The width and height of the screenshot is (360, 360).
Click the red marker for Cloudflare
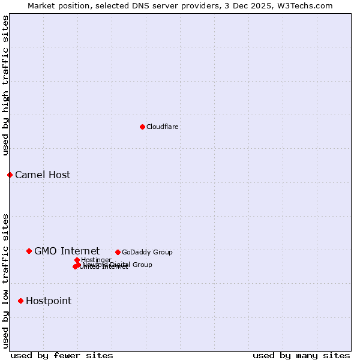click(142, 127)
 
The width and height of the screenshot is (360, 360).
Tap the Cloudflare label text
click(163, 127)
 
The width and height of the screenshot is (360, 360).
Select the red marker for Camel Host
click(10, 175)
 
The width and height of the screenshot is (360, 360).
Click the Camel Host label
click(43, 175)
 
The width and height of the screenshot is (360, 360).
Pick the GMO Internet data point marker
click(29, 251)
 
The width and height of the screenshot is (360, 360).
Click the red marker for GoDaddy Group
click(118, 252)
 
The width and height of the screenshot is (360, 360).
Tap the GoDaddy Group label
click(147, 253)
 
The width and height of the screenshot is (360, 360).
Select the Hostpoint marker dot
click(20, 301)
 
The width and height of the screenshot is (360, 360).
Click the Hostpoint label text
click(49, 301)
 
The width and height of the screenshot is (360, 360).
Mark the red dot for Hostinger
click(77, 260)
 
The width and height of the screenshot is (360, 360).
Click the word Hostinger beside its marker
click(96, 260)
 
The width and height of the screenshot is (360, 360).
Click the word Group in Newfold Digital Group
click(142, 265)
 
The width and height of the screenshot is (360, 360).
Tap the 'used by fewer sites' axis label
click(62, 355)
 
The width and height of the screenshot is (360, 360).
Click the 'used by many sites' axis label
click(301, 355)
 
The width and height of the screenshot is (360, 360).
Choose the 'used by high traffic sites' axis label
click(6, 85)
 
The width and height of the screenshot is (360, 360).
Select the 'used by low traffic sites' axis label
click(6, 281)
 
